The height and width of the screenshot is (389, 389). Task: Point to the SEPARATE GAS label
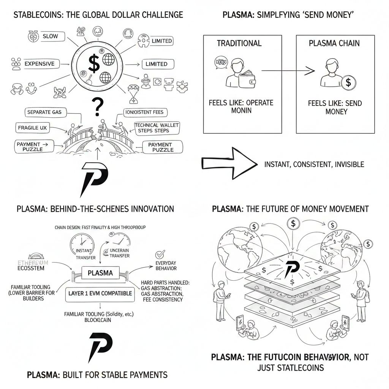(x=44, y=112)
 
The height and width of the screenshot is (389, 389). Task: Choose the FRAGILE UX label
(x=33, y=128)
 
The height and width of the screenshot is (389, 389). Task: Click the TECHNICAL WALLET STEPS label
(x=157, y=128)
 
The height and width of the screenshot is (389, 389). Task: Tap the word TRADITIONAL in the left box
(x=239, y=43)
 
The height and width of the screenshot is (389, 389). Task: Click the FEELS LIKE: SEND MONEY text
(x=335, y=107)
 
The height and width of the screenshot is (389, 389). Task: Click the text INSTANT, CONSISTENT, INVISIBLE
(x=314, y=164)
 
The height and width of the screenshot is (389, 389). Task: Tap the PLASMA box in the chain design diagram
(x=100, y=273)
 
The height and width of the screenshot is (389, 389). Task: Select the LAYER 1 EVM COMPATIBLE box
(x=100, y=293)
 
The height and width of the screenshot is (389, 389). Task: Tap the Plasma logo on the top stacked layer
(x=292, y=267)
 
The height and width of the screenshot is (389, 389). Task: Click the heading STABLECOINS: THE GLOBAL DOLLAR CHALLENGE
(x=98, y=15)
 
